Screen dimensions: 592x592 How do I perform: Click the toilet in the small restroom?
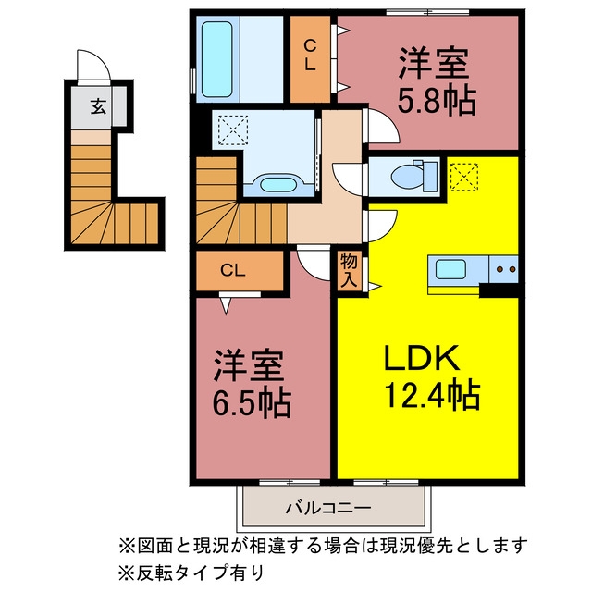point(414,176)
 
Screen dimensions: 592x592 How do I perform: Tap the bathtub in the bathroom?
point(216,59)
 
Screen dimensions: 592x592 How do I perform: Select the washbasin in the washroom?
point(278,184)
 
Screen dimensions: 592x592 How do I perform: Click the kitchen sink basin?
point(450,269)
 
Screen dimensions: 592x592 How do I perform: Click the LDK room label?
point(422,357)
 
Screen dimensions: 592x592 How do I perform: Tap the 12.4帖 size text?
point(432,396)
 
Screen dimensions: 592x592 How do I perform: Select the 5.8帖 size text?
point(437,101)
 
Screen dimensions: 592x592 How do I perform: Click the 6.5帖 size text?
point(252,403)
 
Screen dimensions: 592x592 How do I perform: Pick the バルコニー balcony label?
point(328,508)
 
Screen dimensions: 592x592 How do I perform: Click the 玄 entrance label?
point(98,107)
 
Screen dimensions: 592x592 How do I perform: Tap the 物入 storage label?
point(349,271)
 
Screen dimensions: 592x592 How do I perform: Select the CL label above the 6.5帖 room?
point(233,270)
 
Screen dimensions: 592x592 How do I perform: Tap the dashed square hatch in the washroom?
point(232,130)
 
